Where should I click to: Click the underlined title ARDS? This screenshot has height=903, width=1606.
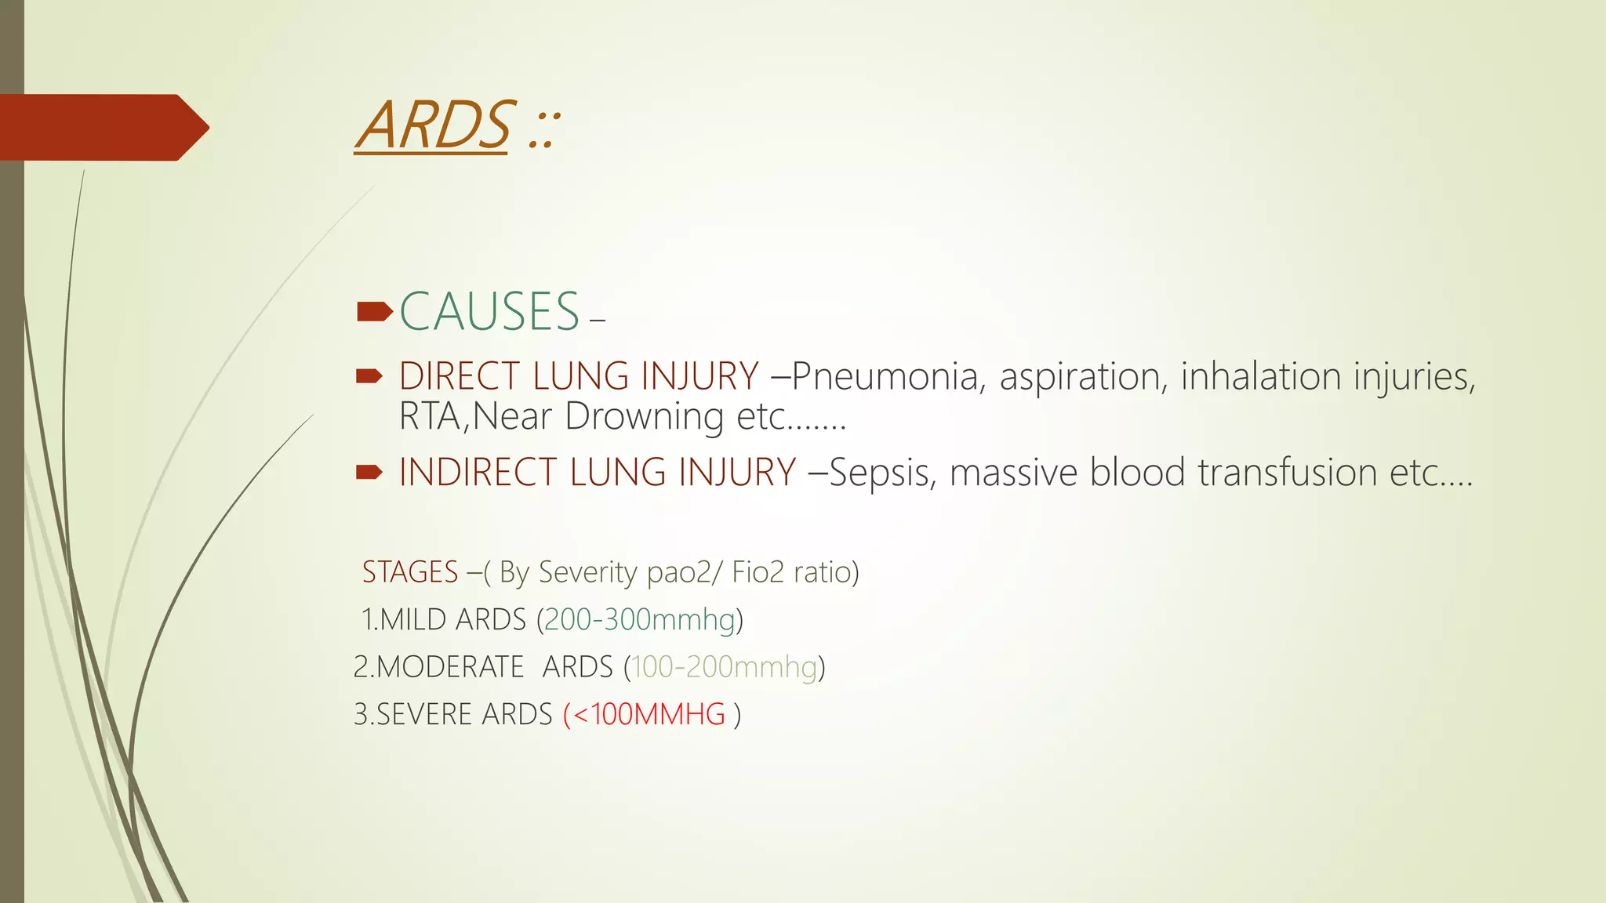[433, 126]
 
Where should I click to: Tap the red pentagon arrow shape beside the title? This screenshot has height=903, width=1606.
[102, 127]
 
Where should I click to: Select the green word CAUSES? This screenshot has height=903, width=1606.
[489, 312]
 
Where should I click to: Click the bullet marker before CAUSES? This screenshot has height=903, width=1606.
[373, 312]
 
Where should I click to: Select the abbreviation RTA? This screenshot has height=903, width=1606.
[431, 416]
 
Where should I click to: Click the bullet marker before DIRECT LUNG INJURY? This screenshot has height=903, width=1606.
[369, 377]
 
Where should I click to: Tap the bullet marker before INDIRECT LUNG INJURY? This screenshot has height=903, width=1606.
[369, 472]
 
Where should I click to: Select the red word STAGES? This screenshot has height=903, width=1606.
[409, 572]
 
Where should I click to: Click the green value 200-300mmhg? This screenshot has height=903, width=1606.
[639, 620]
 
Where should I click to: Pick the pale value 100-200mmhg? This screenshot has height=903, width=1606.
[724, 667]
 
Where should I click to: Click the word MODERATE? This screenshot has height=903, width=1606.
[450, 667]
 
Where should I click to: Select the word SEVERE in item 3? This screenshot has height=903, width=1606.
[424, 715]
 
